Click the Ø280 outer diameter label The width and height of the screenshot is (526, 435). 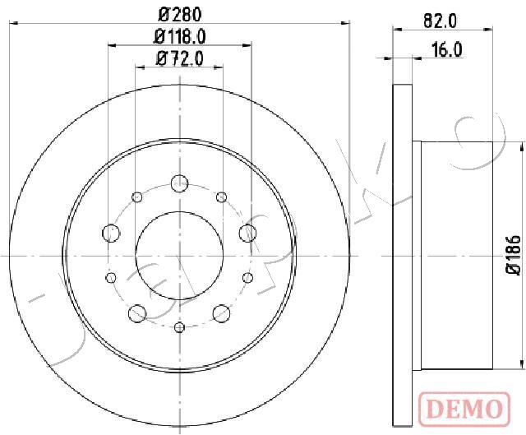click(x=180, y=15)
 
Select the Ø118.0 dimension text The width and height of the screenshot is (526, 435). click(x=180, y=37)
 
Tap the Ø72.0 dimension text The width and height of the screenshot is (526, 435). click(x=180, y=59)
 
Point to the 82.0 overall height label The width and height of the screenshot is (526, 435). click(x=441, y=21)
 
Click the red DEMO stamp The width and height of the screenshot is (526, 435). click(x=464, y=408)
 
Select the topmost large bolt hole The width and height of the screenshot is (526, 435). click(x=179, y=183)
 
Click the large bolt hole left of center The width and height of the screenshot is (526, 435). click(x=111, y=233)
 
